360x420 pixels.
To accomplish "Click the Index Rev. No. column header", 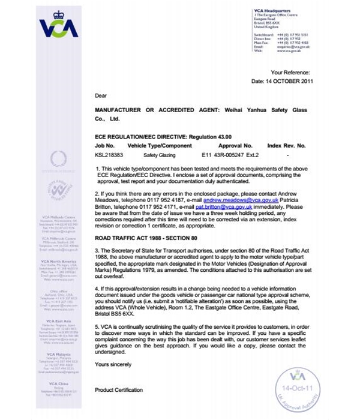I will pos(286,145).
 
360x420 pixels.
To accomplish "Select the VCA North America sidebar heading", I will pos(58,261).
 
